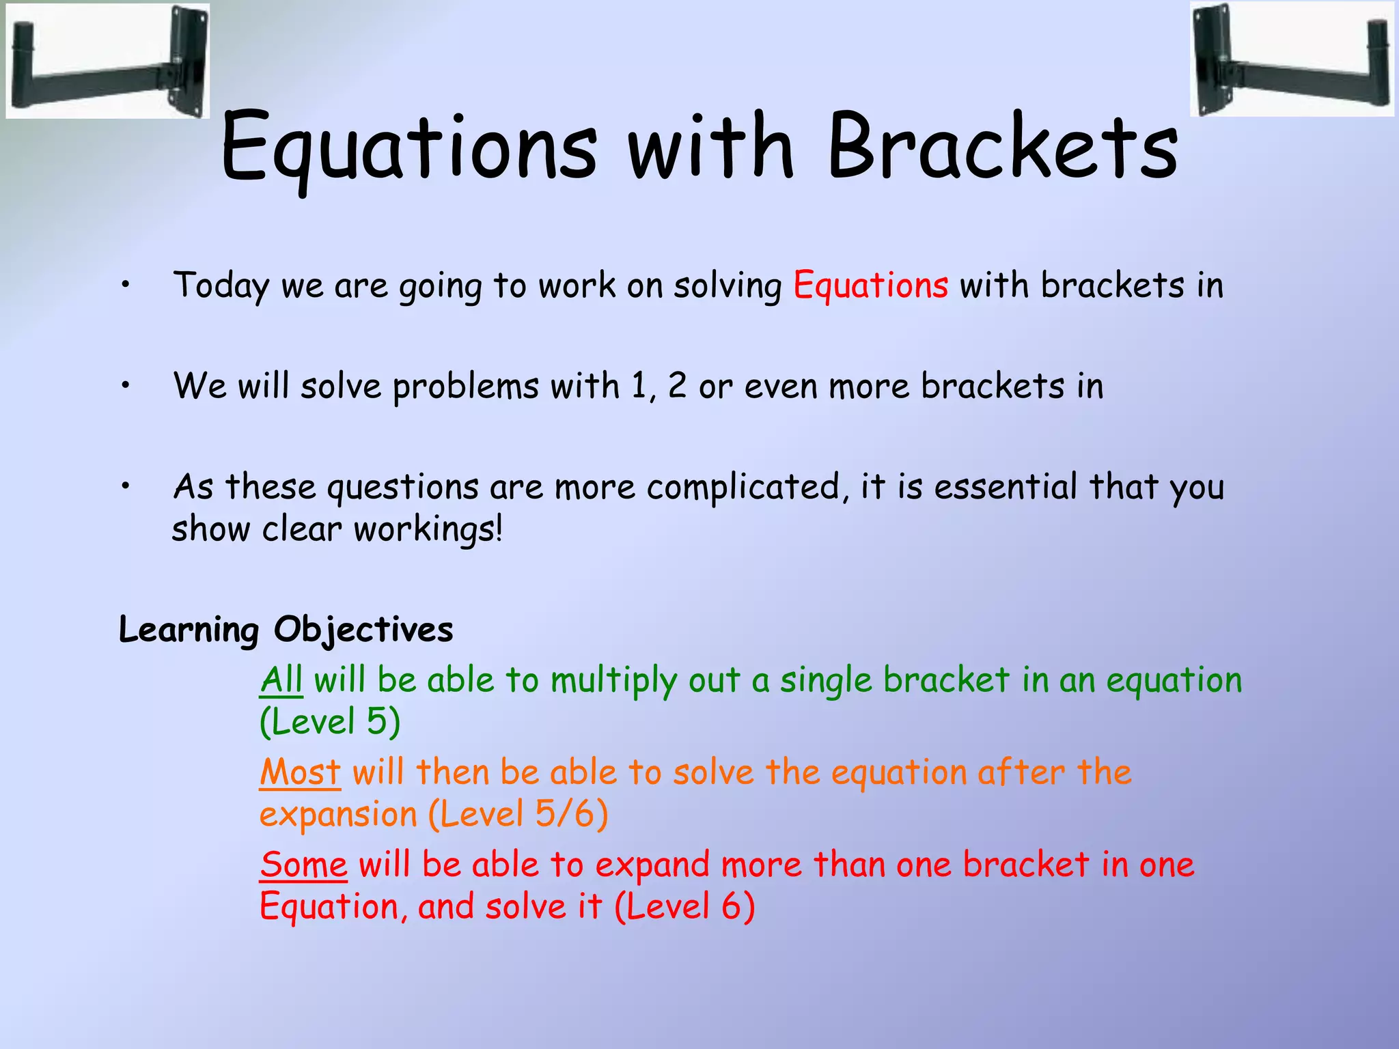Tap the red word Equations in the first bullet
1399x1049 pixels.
tap(870, 285)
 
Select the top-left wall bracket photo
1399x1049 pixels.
tap(108, 60)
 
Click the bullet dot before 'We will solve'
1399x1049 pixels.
tap(125, 387)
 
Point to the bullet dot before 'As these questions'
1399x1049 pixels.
tap(125, 487)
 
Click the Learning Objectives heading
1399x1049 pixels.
tap(286, 630)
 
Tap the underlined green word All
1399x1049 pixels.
tap(281, 681)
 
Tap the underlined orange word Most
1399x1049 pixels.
tap(300, 772)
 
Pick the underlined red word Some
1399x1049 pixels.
tap(304, 865)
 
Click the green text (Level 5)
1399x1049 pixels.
tap(330, 722)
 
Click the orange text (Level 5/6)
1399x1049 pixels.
tap(518, 814)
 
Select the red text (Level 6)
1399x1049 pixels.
tap(684, 907)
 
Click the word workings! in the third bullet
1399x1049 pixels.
tap(428, 530)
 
